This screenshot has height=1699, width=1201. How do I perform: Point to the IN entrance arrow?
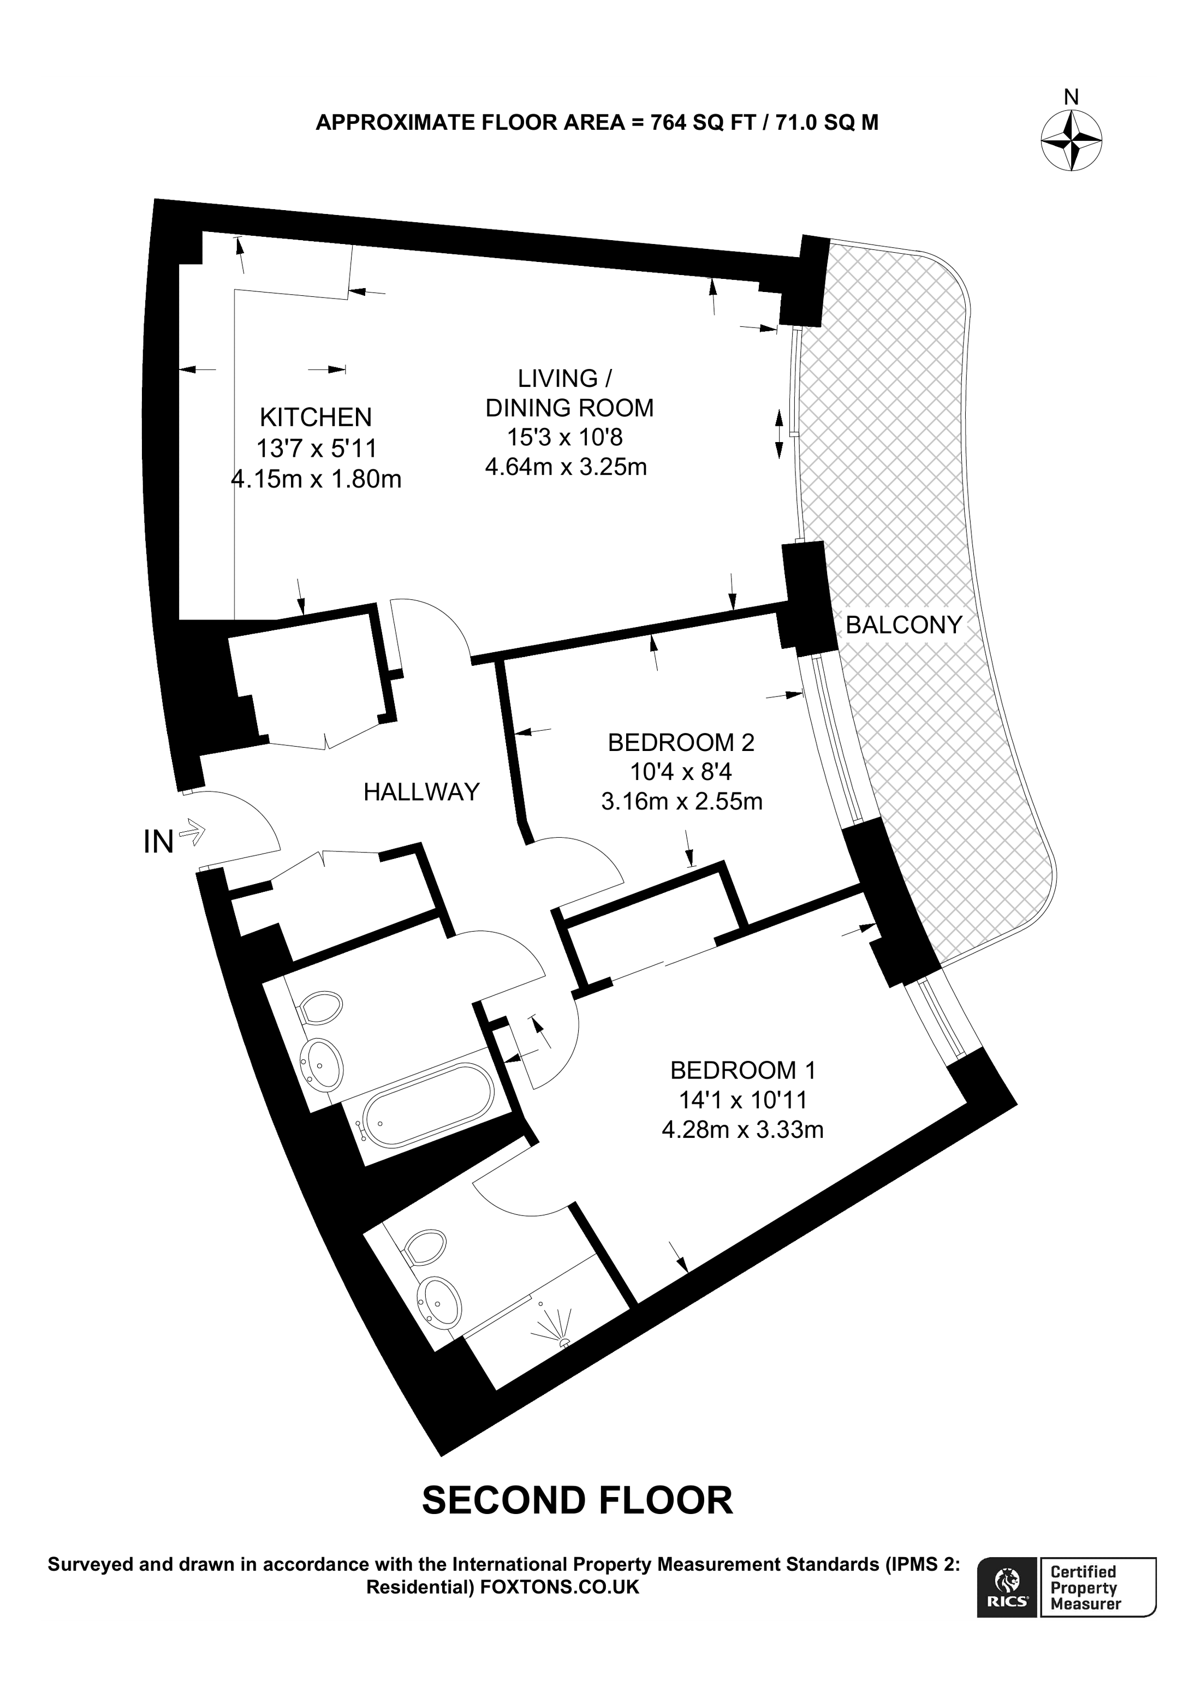pyautogui.click(x=191, y=832)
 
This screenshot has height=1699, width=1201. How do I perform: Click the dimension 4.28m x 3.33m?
pyautogui.click(x=742, y=1130)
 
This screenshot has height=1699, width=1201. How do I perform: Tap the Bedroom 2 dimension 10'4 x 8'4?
pyautogui.click(x=680, y=772)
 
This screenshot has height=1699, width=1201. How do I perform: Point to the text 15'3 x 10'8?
pyautogui.click(x=564, y=437)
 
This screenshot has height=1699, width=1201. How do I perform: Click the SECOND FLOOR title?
pyautogui.click(x=577, y=1501)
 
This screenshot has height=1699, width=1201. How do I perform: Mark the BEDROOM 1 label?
pyautogui.click(x=742, y=1070)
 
